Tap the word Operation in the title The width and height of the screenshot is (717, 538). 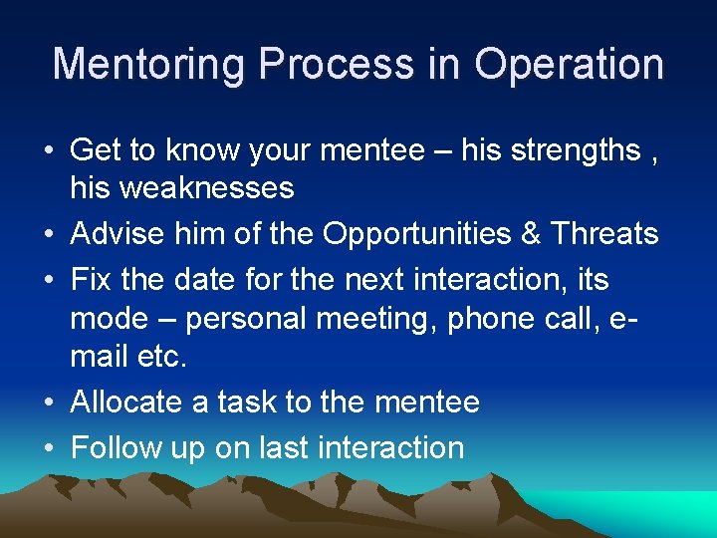(x=569, y=65)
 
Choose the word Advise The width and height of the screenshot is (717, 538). (x=119, y=234)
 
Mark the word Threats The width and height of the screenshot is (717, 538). (x=605, y=234)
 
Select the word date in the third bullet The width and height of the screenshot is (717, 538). (x=193, y=279)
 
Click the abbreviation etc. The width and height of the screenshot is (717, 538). (x=161, y=356)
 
